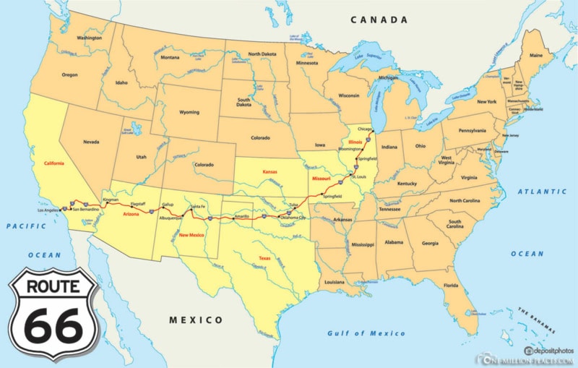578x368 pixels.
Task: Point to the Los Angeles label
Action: (48, 210)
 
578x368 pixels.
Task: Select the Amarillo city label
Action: (242, 216)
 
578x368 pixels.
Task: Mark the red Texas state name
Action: (264, 258)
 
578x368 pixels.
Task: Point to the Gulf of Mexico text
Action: (366, 333)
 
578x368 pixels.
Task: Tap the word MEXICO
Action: (197, 320)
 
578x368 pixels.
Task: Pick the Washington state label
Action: (89, 38)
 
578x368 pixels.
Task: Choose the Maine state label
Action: (536, 55)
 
